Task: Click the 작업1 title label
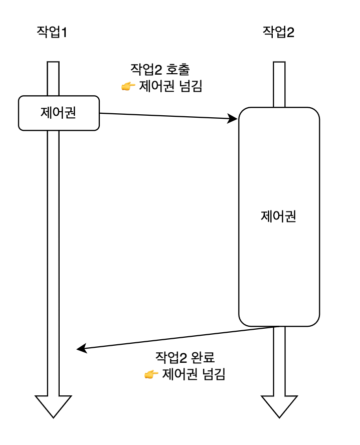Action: tap(52, 33)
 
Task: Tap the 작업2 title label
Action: tap(279, 33)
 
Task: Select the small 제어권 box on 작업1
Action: tap(59, 113)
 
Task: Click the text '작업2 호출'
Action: tap(160, 69)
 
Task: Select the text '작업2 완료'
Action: tap(185, 358)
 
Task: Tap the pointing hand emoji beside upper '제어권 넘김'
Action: tap(128, 87)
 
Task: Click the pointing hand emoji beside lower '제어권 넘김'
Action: tap(151, 374)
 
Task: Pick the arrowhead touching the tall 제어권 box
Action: tap(233, 119)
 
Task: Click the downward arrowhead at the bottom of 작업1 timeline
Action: tap(53, 405)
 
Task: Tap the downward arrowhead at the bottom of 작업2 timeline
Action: tap(279, 405)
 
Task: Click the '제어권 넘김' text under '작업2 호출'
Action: tap(170, 86)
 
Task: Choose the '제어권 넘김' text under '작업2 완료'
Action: tap(193, 374)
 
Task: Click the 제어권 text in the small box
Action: tap(59, 113)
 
